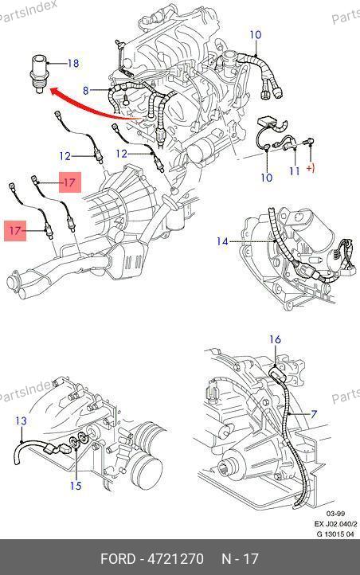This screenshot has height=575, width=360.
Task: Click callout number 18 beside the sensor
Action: pyautogui.click(x=73, y=64)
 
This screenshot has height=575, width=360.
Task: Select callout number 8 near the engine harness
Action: pyautogui.click(x=85, y=90)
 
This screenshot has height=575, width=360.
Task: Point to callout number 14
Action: pyautogui.click(x=222, y=241)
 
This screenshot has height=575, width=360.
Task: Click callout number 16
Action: pyautogui.click(x=275, y=339)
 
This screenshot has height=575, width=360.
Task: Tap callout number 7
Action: pyautogui.click(x=314, y=414)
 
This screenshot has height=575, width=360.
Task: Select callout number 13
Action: pyautogui.click(x=22, y=420)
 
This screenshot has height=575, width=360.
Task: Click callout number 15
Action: pyautogui.click(x=76, y=486)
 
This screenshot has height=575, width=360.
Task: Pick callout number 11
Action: pyautogui.click(x=295, y=171)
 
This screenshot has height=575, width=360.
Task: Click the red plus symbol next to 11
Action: pyautogui.click(x=311, y=169)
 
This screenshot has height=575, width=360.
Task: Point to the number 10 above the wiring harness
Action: pyautogui.click(x=256, y=35)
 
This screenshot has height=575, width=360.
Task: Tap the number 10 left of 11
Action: pyautogui.click(x=267, y=178)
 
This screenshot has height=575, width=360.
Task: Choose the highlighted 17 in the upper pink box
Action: pyautogui.click(x=69, y=182)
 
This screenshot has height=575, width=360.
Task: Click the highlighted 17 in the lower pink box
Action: pyautogui.click(x=15, y=231)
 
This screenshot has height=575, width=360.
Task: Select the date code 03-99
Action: pyautogui.click(x=335, y=514)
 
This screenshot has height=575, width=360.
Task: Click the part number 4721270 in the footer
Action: pyautogui.click(x=175, y=559)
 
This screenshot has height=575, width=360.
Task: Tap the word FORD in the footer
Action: pyautogui.click(x=118, y=559)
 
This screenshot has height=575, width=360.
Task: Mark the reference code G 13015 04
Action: pyautogui.click(x=335, y=534)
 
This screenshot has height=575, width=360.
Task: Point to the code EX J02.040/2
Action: pyautogui.click(x=335, y=524)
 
